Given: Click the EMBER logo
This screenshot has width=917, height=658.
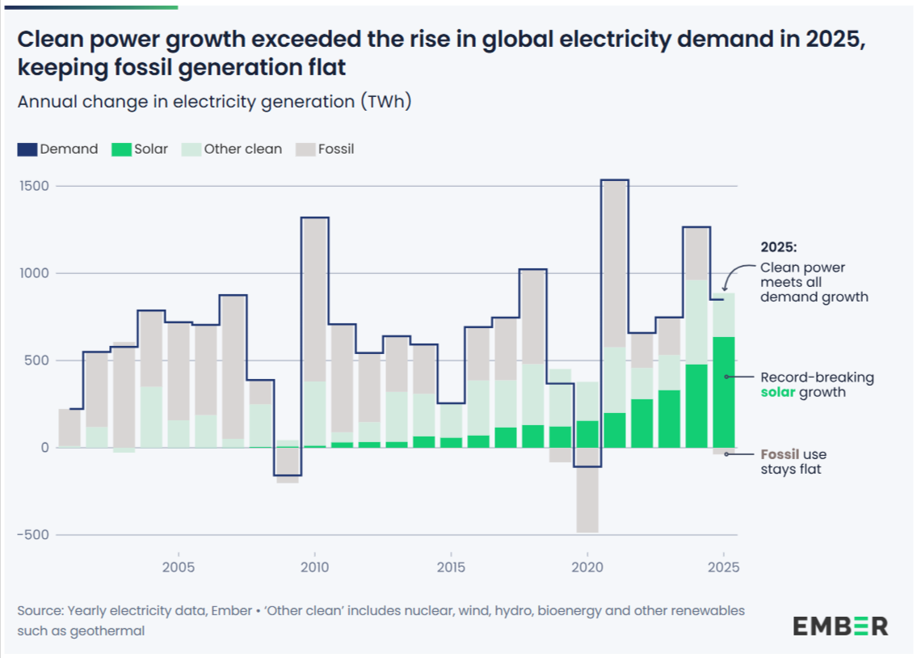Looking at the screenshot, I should (x=840, y=625).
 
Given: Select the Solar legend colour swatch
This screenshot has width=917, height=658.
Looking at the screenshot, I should (x=120, y=150).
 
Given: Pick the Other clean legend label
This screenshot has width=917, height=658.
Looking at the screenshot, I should (x=243, y=149).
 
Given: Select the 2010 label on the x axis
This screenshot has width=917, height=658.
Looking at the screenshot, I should (x=314, y=567).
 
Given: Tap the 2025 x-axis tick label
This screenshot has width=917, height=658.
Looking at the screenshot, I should (x=723, y=567).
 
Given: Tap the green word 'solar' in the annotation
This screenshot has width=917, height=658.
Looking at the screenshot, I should (x=778, y=392).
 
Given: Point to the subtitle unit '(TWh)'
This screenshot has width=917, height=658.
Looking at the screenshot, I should (x=386, y=103).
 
